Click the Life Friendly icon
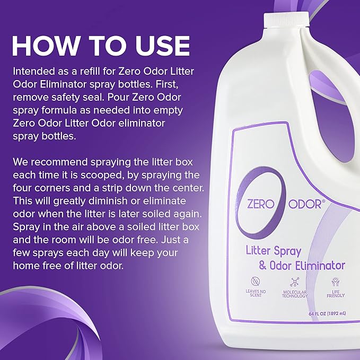pyautogui.click(x=336, y=283)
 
